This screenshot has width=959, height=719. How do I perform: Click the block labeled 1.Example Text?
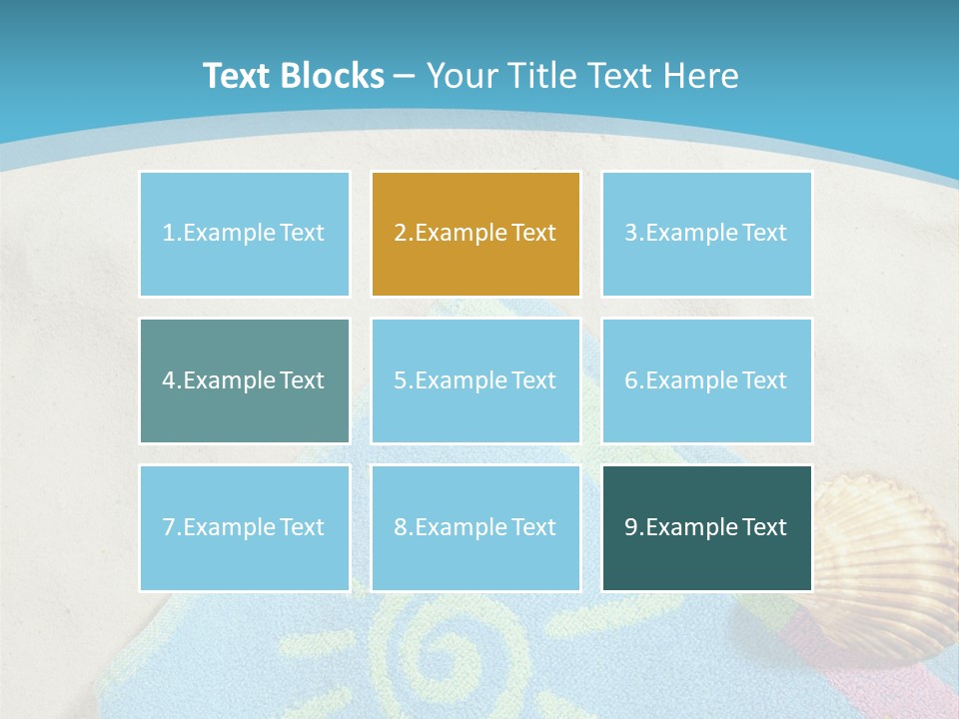point(244,234)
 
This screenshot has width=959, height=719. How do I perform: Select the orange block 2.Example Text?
point(476,234)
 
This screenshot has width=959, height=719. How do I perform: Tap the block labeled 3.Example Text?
point(706,234)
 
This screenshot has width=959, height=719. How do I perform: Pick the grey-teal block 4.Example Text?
point(244,380)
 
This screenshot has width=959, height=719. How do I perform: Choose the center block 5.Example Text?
point(476,380)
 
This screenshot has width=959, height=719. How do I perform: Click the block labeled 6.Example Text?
point(706,380)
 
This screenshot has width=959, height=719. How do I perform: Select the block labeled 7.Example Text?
point(244,527)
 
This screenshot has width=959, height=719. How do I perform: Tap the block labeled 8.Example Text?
point(476,527)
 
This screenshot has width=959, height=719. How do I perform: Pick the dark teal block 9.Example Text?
point(706,527)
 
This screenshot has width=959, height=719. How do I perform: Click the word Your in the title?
point(461,76)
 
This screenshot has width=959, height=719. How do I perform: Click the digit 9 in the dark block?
point(631,527)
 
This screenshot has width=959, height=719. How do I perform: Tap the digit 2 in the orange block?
point(401,234)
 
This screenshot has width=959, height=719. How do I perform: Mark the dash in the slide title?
point(405,77)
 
